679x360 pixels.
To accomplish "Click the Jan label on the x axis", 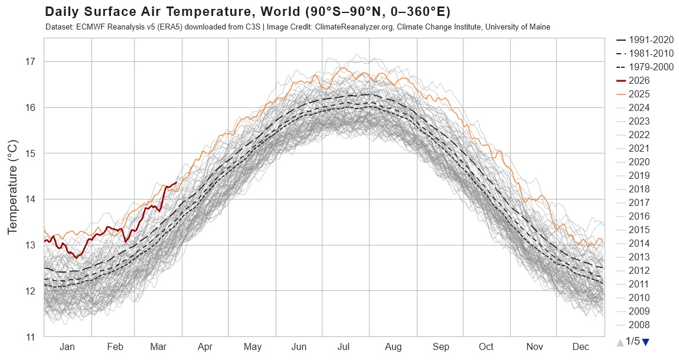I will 67,347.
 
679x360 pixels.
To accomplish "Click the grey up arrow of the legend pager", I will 619,342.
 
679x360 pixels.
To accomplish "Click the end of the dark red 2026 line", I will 177,182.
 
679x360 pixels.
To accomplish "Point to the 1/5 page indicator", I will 632,341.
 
